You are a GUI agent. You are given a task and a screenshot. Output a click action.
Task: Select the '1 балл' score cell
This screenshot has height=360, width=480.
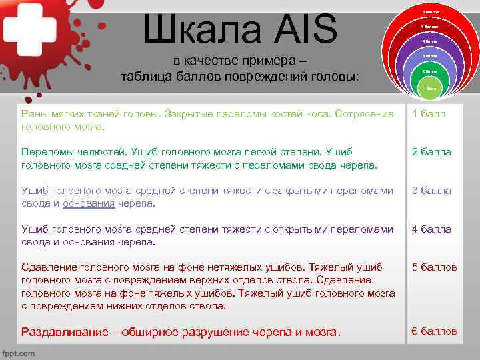pos(428,113)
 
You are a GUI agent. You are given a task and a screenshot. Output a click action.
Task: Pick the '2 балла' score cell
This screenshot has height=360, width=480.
pos(431,152)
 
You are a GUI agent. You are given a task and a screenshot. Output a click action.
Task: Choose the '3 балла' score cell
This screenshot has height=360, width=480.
pos(431,191)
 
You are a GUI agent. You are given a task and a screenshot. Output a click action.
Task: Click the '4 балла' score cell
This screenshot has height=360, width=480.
pos(431,229)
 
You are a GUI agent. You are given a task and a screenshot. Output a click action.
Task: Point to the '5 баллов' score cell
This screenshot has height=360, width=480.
pos(434,267)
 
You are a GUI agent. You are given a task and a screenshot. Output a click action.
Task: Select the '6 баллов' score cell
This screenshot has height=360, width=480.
pos(434,331)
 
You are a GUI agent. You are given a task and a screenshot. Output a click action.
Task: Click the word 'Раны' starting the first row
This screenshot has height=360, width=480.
pos(35,113)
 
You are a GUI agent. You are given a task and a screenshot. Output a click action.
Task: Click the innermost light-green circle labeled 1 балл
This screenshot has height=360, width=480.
pos(430,88)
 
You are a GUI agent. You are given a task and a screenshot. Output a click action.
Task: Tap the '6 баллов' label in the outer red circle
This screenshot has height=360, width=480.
pos(430,12)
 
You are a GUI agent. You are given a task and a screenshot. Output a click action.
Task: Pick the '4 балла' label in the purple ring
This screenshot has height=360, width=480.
pos(430,41)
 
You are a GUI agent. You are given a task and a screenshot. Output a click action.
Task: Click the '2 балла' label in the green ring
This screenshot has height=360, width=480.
pos(430,71)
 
